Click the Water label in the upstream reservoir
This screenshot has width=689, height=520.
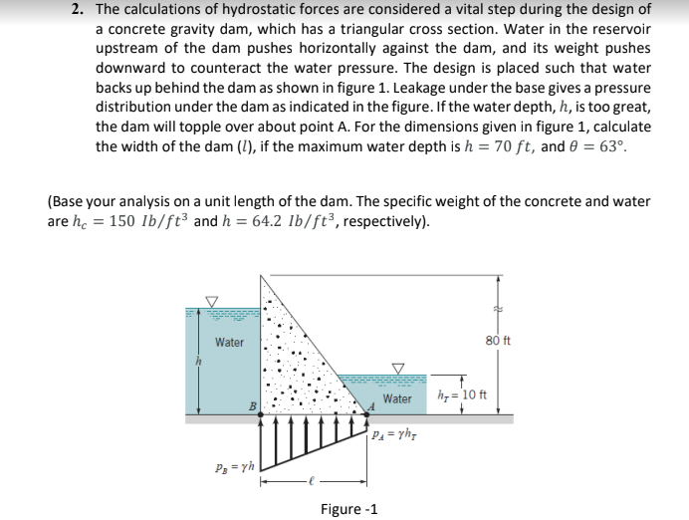click(x=229, y=343)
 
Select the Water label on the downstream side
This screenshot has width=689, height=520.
click(x=396, y=398)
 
